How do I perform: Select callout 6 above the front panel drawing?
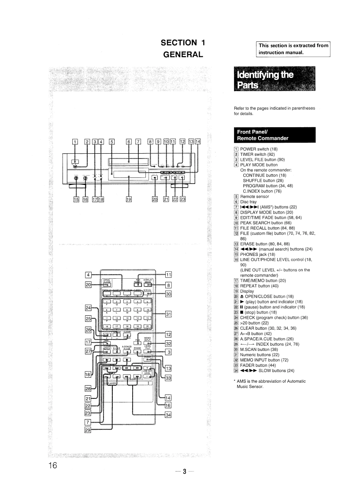(129, 141)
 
